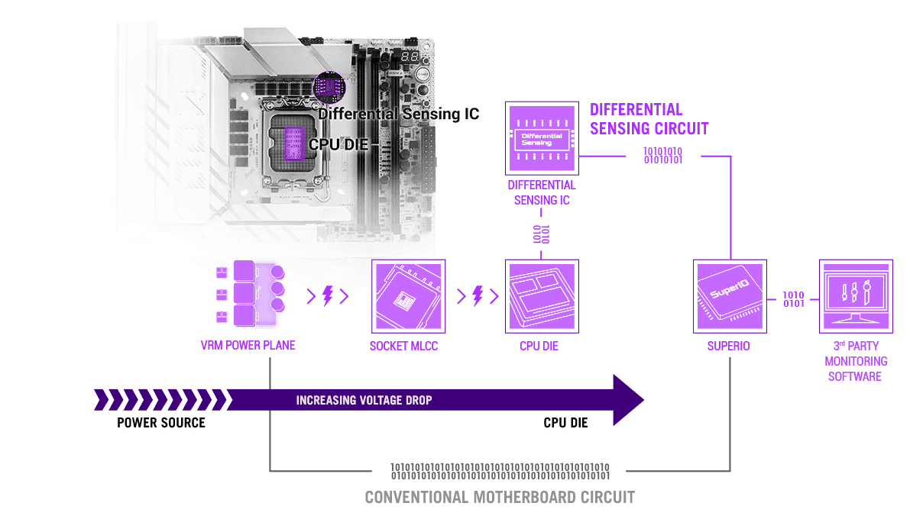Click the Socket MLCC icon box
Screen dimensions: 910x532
click(408, 296)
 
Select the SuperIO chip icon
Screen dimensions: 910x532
click(730, 296)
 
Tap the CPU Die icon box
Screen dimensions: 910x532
click(542, 296)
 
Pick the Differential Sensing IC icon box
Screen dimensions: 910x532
click(542, 138)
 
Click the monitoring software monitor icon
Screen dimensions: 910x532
click(856, 296)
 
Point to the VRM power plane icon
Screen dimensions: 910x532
click(250, 294)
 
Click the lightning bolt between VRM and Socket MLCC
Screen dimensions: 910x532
click(328, 295)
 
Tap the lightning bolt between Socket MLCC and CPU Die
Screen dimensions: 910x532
click(478, 295)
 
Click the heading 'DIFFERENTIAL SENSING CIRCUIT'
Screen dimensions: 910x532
click(649, 119)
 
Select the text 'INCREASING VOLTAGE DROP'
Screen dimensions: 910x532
click(364, 401)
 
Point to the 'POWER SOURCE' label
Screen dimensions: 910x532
click(161, 423)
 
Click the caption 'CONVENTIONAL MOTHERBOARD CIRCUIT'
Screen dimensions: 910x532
click(500, 497)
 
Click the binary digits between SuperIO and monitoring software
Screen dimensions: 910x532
click(793, 299)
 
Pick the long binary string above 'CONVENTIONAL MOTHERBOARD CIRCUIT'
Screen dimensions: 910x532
click(500, 471)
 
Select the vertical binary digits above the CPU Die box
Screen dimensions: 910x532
click(541, 234)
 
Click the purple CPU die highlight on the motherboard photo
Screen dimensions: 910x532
click(293, 143)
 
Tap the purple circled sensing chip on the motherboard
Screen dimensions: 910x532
click(329, 87)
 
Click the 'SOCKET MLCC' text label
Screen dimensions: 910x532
click(403, 346)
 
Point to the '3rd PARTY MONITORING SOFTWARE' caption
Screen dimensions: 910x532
click(856, 361)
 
